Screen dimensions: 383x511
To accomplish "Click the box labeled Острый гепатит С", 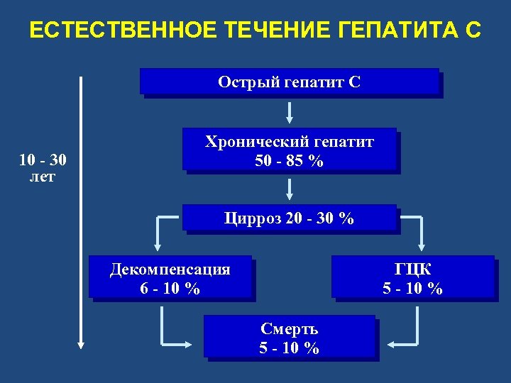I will coord(290,82).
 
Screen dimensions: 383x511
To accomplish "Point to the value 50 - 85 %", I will coord(290,161).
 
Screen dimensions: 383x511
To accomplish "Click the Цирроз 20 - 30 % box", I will coord(290,218).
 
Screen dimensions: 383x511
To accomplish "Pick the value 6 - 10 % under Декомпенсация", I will coord(170,289).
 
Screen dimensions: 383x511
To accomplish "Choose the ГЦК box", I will coord(413,276).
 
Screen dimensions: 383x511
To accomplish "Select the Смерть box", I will coord(290,336).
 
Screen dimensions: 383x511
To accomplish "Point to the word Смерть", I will coord(290,328).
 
